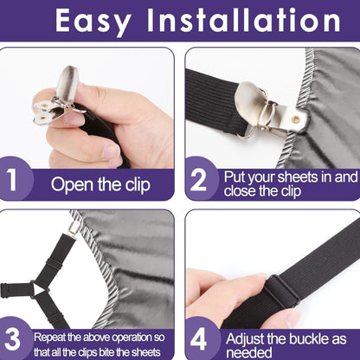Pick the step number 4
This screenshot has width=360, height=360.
(200, 337)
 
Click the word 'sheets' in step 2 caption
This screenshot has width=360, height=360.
(305, 176)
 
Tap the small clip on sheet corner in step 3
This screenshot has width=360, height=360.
(75, 228)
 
